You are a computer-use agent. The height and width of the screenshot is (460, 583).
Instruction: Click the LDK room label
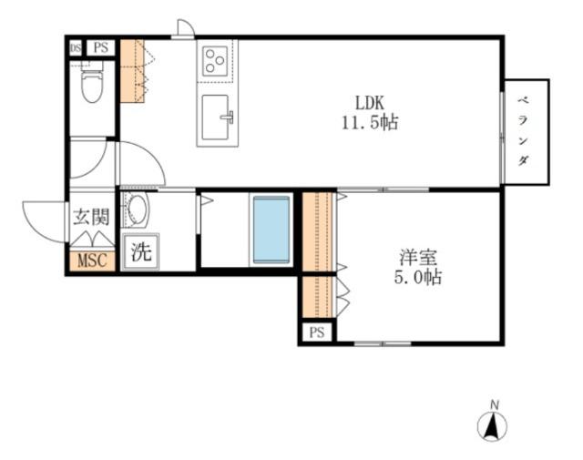pos(370,102)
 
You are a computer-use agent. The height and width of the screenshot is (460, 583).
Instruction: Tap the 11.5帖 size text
pos(370,123)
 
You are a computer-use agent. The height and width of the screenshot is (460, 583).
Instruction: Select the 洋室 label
pos(418,258)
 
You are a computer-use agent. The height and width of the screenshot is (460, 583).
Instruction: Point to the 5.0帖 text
pos(418,277)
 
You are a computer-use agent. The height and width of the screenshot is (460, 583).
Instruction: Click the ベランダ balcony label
pos(523,131)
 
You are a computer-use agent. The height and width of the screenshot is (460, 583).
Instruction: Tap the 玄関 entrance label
pos(92,217)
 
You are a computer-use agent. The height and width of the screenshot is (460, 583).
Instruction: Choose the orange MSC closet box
pos(92,261)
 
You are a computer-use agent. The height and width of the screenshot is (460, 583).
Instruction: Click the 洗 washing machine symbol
pos(141,251)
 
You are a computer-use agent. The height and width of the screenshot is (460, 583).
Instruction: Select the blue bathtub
pos(271,230)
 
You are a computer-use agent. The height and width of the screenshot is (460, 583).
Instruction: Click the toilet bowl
pos(92,84)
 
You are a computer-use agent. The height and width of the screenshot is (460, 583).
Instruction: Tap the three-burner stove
pos(215,60)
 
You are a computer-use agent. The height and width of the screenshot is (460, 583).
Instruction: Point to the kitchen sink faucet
pos(228,118)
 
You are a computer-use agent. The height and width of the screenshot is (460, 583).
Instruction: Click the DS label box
pos(76,48)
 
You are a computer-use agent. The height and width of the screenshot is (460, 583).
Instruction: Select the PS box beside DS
pos(101,47)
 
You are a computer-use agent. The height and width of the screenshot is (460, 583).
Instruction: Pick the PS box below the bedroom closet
pos(317,332)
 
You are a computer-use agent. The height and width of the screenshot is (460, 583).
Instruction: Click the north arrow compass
pos(492,426)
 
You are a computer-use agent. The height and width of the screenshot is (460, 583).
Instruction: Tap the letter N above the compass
pos(495,404)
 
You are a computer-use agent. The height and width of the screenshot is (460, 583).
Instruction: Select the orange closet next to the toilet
pos(132,71)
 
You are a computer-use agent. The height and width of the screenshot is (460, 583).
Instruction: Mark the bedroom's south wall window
pos(383,343)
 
